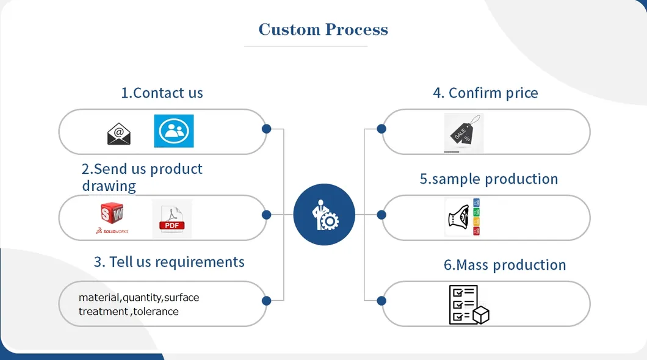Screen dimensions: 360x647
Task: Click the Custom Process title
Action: pyautogui.click(x=323, y=29)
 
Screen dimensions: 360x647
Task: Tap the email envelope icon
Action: pyautogui.click(x=119, y=133)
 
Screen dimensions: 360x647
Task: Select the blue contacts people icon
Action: pyautogui.click(x=173, y=131)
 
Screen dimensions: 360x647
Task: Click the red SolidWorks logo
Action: pyautogui.click(x=112, y=215)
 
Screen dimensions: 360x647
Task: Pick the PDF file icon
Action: pyautogui.click(x=172, y=218)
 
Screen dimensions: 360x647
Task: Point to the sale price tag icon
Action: pyautogui.click(x=464, y=132)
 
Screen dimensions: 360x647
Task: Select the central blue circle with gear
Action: pyautogui.click(x=324, y=215)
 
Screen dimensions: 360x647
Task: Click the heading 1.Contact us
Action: pyautogui.click(x=162, y=93)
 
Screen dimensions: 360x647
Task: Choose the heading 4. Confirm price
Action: pyautogui.click(x=485, y=93)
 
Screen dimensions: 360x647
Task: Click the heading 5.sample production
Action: pyautogui.click(x=488, y=179)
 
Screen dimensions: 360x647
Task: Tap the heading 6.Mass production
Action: pyautogui.click(x=504, y=265)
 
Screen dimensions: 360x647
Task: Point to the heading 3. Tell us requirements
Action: pyautogui.click(x=169, y=262)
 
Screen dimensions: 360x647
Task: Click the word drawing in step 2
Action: pyautogui.click(x=109, y=185)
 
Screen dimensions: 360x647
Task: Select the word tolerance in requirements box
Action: pyautogui.click(x=156, y=311)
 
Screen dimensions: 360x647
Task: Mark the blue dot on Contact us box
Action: pyautogui.click(x=266, y=129)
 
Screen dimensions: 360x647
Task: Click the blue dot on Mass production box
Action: pyautogui.click(x=381, y=300)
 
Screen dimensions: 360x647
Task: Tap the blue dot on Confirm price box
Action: pyautogui.click(x=381, y=129)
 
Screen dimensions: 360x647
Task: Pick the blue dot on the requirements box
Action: pyautogui.click(x=266, y=300)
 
